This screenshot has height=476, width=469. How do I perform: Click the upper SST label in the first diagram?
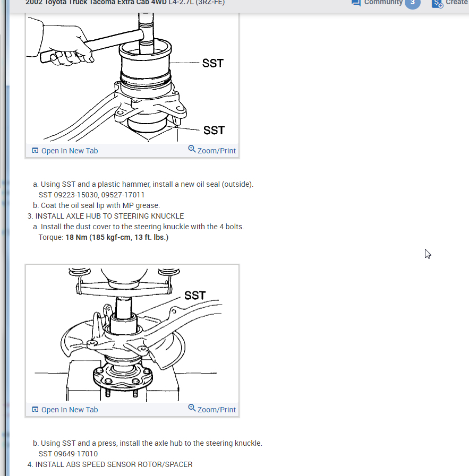[213, 63]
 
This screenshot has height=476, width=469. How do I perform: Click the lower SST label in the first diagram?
[214, 130]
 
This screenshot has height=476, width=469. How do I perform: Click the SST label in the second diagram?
[195, 295]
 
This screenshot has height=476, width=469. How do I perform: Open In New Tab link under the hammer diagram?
[65, 151]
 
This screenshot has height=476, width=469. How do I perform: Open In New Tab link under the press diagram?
[65, 410]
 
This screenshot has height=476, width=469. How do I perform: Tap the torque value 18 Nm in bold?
[76, 237]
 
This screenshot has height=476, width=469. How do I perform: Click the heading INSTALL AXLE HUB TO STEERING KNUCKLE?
[109, 216]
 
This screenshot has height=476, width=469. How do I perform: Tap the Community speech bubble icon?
[356, 3]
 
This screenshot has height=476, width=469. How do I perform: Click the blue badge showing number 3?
[412, 3]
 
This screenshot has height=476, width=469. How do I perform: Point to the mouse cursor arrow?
[428, 254]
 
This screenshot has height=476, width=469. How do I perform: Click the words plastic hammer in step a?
[123, 184]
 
